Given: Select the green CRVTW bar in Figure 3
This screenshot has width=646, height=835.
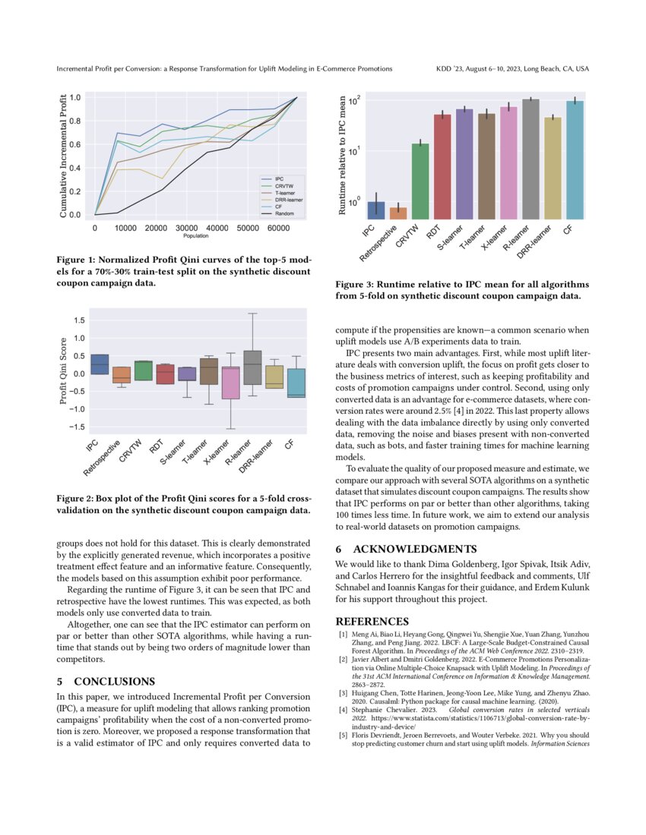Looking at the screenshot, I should tap(420, 181).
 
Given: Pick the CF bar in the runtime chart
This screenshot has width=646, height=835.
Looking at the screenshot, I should tap(575, 160).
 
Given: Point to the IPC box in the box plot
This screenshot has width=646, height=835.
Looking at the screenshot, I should tap(99, 364).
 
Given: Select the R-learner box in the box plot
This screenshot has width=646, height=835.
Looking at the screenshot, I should tap(253, 368).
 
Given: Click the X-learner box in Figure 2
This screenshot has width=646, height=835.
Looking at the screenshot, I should tap(231, 383).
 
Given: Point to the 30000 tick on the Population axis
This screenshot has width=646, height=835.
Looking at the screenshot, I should tap(186, 228).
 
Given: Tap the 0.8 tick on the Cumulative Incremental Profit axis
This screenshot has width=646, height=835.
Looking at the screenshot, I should tap(75, 121).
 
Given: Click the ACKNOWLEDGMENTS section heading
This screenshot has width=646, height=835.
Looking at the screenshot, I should tap(407, 549).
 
